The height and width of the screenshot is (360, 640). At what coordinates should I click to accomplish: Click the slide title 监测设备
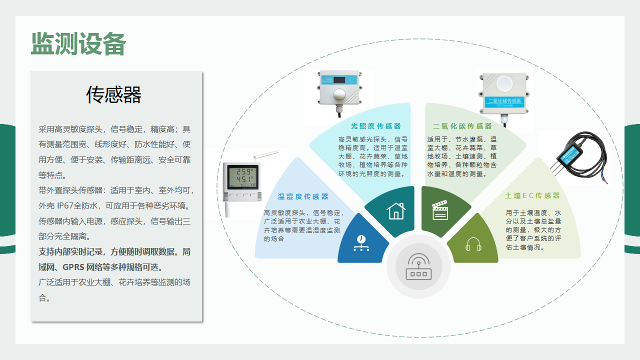pyautogui.click(x=78, y=44)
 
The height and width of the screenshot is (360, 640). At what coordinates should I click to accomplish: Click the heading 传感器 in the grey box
pyautogui.click(x=114, y=94)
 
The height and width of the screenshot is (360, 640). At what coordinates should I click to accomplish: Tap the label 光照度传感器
pyautogui.click(x=376, y=126)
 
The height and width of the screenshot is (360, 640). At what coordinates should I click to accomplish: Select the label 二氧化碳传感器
pyautogui.click(x=462, y=126)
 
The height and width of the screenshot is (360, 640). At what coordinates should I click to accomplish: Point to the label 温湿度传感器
pyautogui.click(x=303, y=196)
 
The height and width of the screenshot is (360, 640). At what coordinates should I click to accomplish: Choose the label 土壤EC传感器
pyautogui.click(x=532, y=195)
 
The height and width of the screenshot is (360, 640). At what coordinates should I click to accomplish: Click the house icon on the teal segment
pyautogui.click(x=395, y=210)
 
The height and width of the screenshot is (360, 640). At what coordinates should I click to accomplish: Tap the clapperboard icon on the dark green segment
pyautogui.click(x=439, y=210)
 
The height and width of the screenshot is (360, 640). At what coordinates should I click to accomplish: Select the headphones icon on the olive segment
pyautogui.click(x=472, y=244)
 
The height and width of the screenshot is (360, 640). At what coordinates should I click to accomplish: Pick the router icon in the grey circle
pyautogui.click(x=418, y=266)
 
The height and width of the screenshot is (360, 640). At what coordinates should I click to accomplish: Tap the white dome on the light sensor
pyautogui.click(x=339, y=95)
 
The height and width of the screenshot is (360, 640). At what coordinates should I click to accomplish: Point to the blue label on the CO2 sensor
pyautogui.click(x=503, y=101)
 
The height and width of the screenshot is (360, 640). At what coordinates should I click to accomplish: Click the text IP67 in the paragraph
pyautogui.click(x=65, y=205)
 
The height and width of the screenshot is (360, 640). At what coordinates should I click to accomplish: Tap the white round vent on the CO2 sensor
pyautogui.click(x=504, y=83)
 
